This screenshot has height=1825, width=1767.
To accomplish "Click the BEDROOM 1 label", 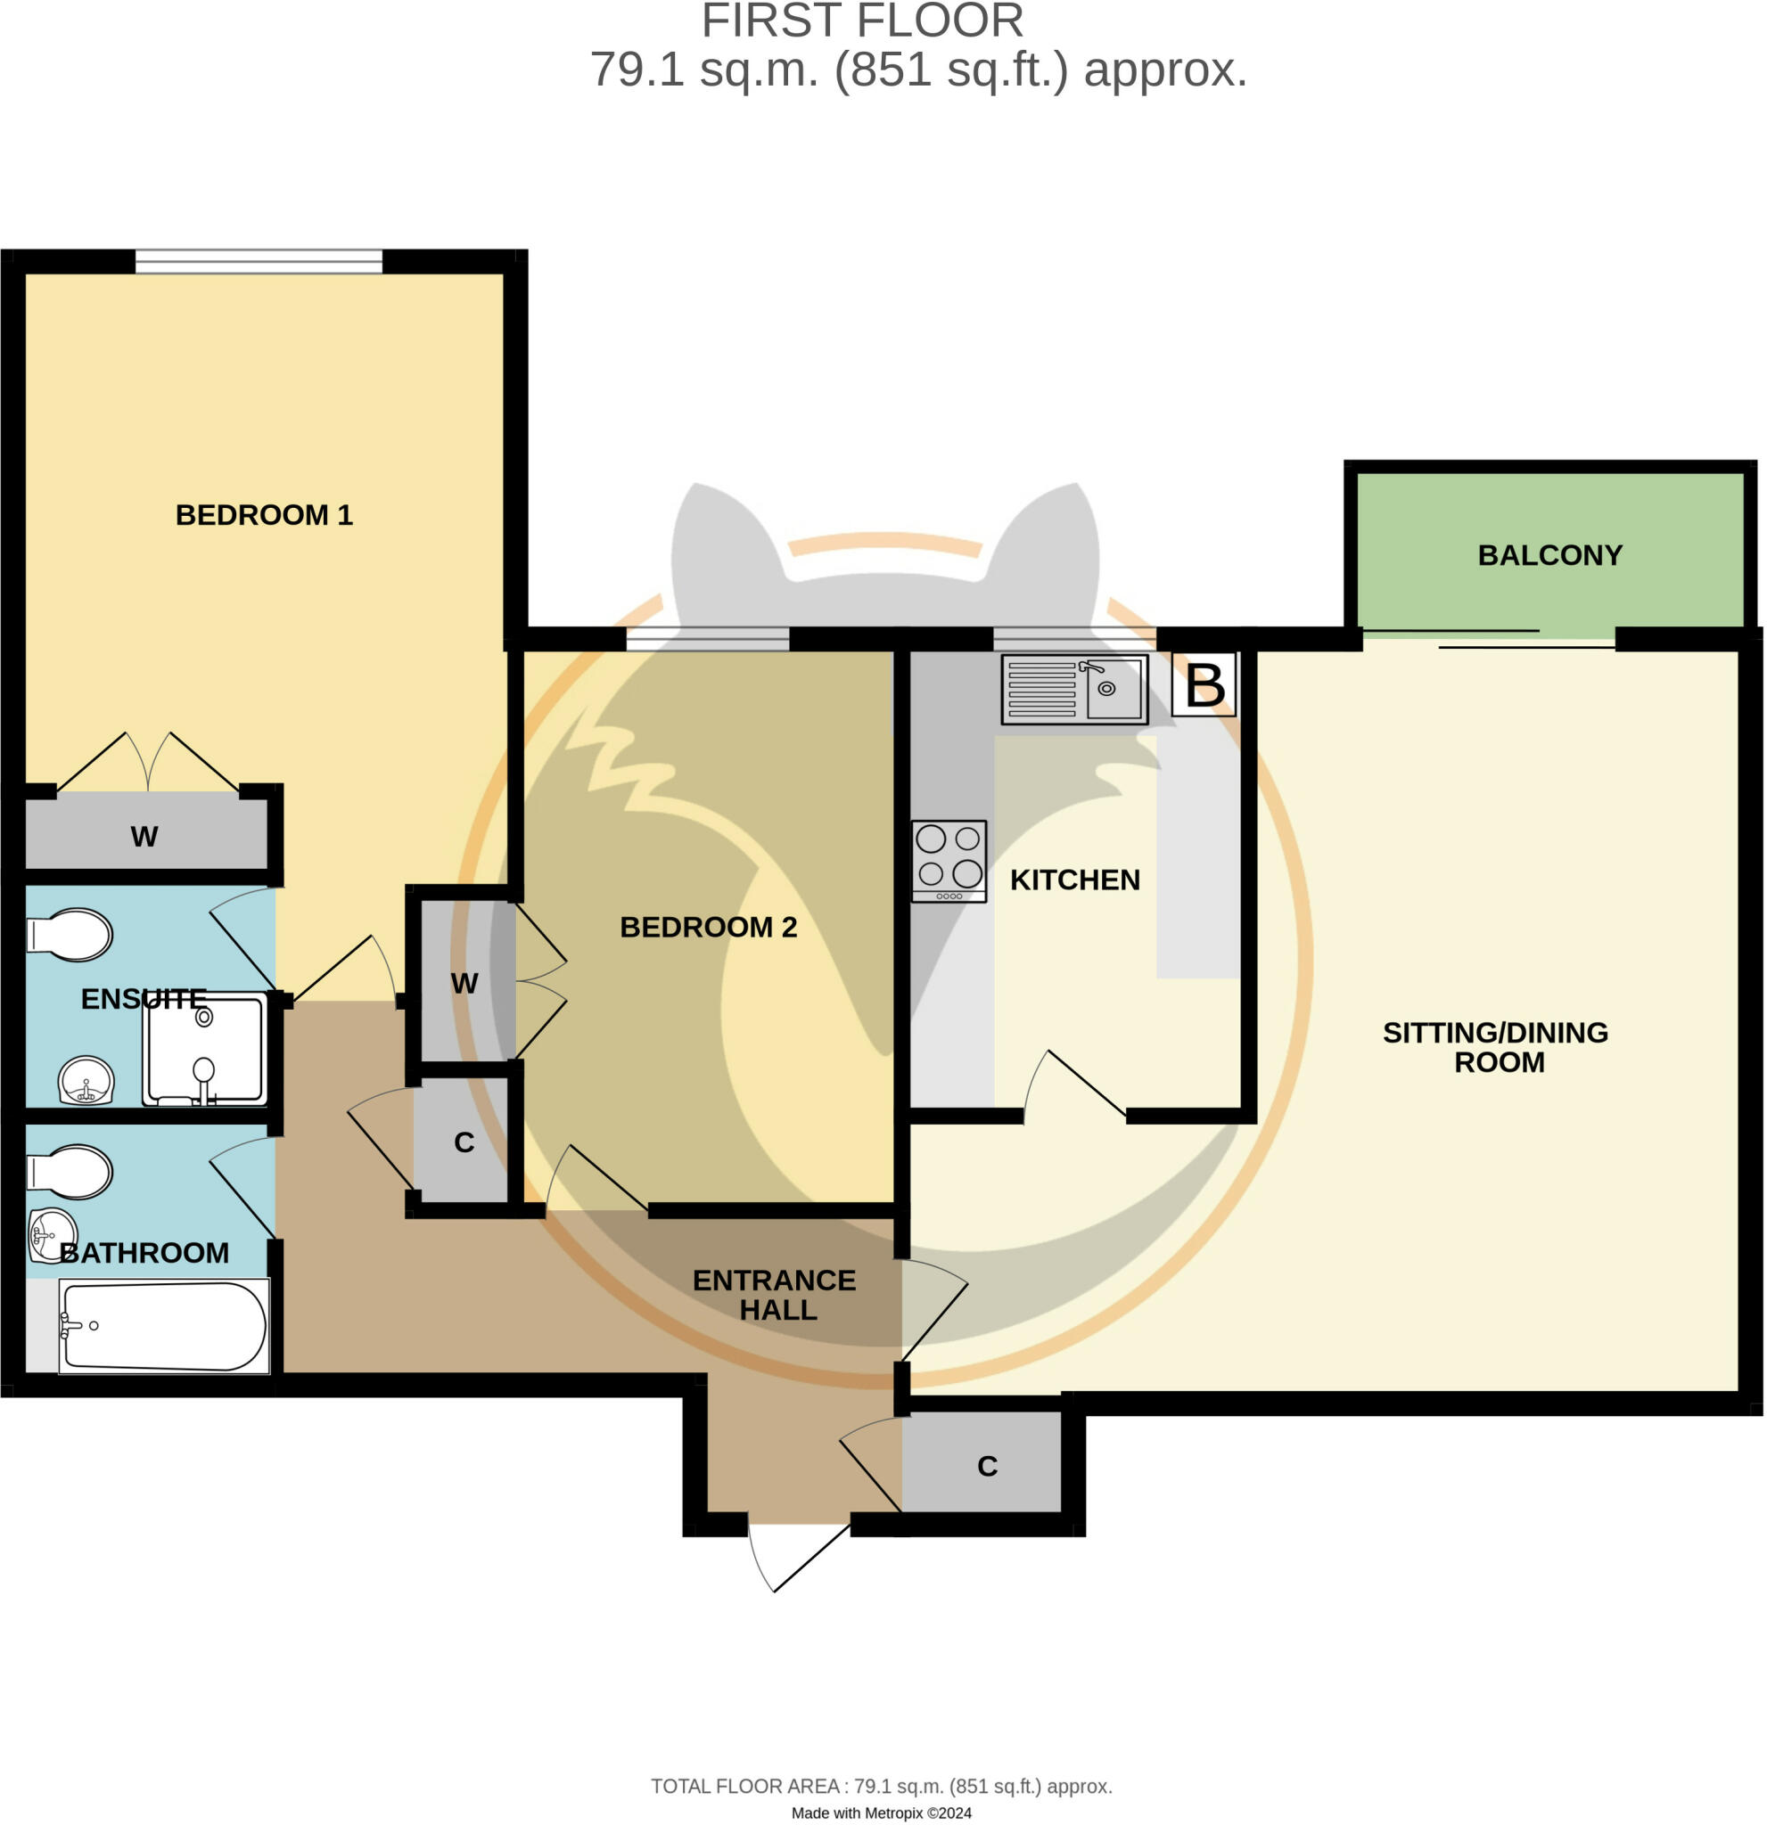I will (x=264, y=515).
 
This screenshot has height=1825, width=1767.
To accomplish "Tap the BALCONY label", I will (x=1549, y=555).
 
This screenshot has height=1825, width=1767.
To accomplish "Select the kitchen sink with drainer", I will (x=1073, y=689).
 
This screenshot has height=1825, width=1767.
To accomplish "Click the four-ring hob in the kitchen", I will (x=949, y=860).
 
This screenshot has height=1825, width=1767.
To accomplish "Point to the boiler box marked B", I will (x=1204, y=685).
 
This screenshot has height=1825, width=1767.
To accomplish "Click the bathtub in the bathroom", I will (x=164, y=1326).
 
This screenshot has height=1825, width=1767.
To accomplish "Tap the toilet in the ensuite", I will (x=70, y=934).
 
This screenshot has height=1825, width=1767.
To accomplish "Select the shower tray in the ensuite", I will (x=205, y=1050).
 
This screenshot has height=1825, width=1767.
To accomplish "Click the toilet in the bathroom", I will (x=70, y=1171).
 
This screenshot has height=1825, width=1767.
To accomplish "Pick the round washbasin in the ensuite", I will (x=86, y=1081).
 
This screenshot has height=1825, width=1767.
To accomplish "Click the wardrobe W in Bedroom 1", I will (x=144, y=836).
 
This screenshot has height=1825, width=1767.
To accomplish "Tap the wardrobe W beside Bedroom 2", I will (x=464, y=983).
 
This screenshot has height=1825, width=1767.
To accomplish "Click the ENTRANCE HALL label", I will (x=775, y=1295).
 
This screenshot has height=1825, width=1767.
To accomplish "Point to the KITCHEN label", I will (x=1074, y=880).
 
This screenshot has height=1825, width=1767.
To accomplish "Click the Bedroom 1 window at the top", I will (x=259, y=262).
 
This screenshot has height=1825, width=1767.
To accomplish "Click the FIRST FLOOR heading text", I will (x=861, y=21).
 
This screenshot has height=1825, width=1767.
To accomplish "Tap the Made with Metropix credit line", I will (x=880, y=1813).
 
